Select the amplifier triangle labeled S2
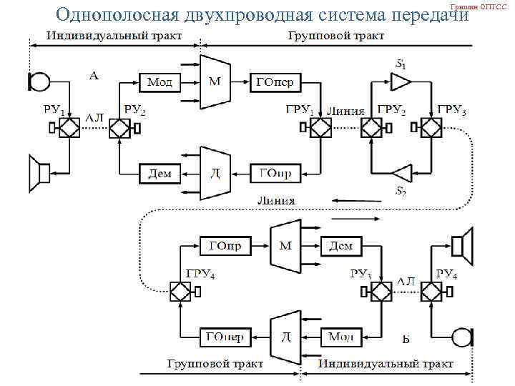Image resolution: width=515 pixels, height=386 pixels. (402, 172)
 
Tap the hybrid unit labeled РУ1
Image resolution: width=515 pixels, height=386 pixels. (69, 128)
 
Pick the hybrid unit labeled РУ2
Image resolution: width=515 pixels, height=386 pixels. (119, 128)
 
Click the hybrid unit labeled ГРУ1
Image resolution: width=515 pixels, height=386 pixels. (319, 128)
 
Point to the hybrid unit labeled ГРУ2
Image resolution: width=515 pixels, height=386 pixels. (372, 128)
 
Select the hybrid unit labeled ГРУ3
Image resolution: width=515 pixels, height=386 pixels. (431, 128)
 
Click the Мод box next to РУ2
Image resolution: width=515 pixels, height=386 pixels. (160, 83)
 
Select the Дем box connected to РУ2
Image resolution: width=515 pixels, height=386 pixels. (160, 172)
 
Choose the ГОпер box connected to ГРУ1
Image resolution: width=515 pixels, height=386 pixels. (275, 83)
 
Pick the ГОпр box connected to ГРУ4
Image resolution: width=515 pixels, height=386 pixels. (225, 246)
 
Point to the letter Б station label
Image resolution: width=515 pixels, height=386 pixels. (406, 338)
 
